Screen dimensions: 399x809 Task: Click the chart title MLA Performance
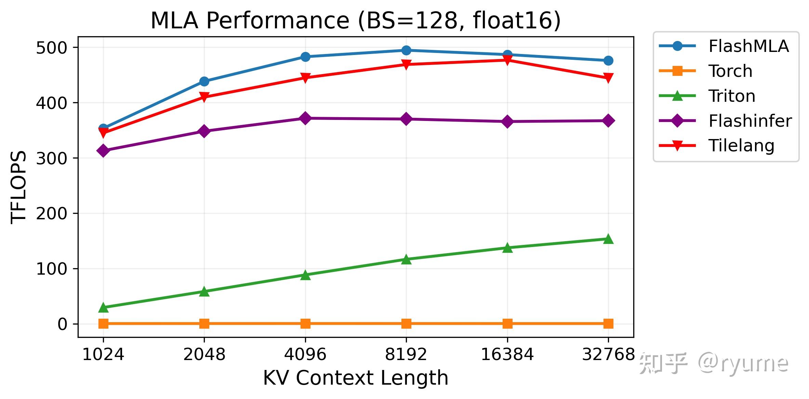(356, 20)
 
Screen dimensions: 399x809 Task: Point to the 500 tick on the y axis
(52, 47)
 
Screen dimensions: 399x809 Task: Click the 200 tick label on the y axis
(52, 214)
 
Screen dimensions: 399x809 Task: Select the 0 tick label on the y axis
(63, 324)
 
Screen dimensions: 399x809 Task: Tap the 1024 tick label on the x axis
(103, 354)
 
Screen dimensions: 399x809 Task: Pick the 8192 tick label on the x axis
(406, 354)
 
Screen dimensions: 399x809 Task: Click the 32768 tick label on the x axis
(608, 354)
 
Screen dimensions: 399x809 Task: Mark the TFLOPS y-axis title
(18, 187)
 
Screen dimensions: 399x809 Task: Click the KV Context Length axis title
(356, 378)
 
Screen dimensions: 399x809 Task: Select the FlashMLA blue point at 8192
(406, 50)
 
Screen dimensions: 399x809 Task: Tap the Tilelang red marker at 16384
(507, 60)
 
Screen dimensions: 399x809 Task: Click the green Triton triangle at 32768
(608, 239)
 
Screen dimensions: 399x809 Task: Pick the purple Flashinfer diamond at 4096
(305, 118)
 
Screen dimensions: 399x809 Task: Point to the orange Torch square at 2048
(204, 324)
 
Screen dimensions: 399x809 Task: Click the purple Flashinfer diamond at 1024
(103, 151)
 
